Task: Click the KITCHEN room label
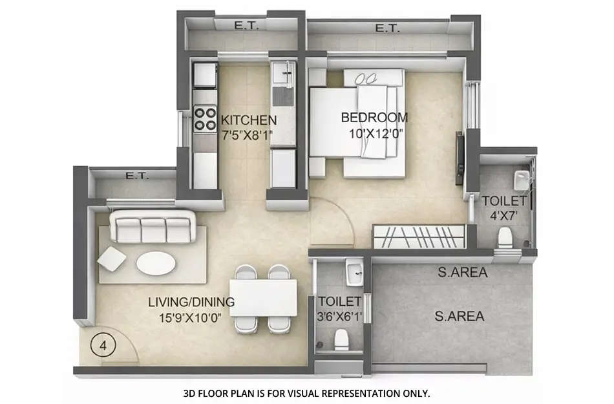click(x=249, y=120)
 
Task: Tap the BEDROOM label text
click(x=374, y=118)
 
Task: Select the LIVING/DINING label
click(x=191, y=302)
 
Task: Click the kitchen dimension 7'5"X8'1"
click(x=249, y=136)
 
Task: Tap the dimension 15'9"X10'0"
click(x=192, y=318)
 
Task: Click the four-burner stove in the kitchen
click(x=206, y=118)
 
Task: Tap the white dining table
click(x=263, y=297)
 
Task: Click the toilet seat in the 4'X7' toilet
click(x=505, y=239)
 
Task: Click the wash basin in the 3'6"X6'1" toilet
click(x=353, y=271)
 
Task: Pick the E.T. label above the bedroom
click(x=386, y=28)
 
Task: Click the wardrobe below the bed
click(x=419, y=237)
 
